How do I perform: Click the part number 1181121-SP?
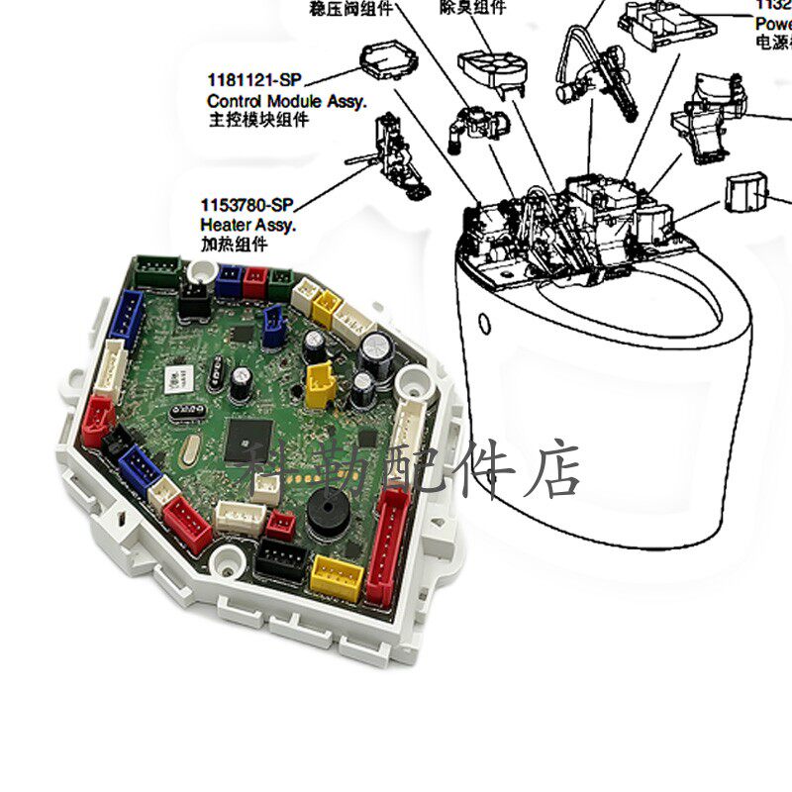[251, 79]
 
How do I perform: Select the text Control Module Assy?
[286, 101]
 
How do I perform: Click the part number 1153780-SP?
[247, 205]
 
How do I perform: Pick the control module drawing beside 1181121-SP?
[387, 64]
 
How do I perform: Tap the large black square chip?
[248, 437]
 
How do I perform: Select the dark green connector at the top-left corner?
[158, 269]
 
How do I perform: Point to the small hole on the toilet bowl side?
[484, 324]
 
